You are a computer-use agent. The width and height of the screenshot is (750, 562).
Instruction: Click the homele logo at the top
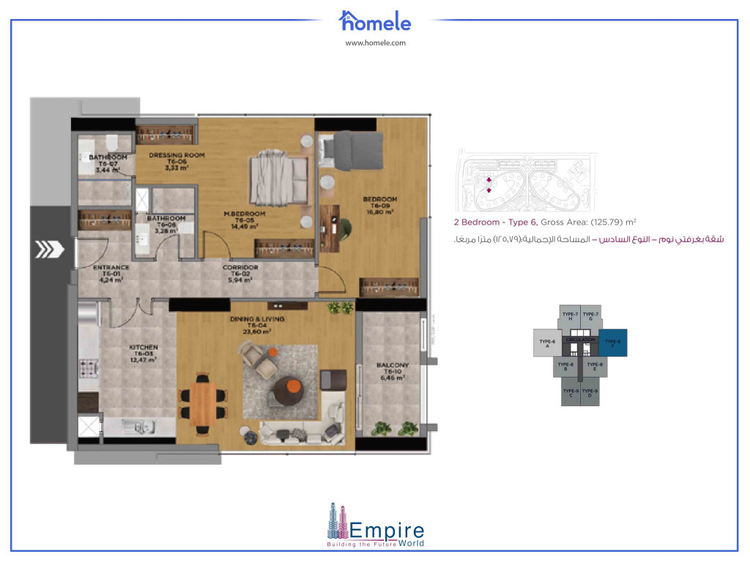[x=375, y=20]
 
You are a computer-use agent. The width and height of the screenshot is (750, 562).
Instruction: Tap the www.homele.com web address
[x=375, y=43]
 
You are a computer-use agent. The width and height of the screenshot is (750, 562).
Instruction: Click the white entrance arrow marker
[x=47, y=250]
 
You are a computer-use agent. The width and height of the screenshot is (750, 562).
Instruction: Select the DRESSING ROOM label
[x=177, y=155]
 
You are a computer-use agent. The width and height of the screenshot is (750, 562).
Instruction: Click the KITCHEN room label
[x=144, y=348]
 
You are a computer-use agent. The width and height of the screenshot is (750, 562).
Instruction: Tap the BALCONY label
[x=392, y=365]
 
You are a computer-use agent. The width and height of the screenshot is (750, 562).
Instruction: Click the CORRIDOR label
[x=239, y=268]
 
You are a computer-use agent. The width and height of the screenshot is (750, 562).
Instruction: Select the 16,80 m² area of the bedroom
[x=380, y=212]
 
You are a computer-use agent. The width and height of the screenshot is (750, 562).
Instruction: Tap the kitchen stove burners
[x=88, y=367]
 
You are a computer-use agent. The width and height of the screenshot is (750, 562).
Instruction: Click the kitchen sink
[x=138, y=425]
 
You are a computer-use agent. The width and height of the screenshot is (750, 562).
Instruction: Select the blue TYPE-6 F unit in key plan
[x=613, y=342]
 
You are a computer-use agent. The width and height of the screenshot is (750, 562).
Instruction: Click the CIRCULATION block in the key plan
[x=580, y=341]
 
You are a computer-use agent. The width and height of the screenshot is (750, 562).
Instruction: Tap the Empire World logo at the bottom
[x=375, y=526]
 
